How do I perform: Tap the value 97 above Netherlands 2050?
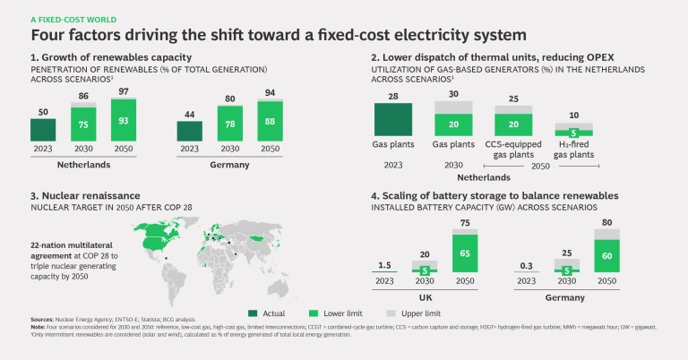125,92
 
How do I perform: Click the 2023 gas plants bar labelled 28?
392,119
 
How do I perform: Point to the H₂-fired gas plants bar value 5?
573,133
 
